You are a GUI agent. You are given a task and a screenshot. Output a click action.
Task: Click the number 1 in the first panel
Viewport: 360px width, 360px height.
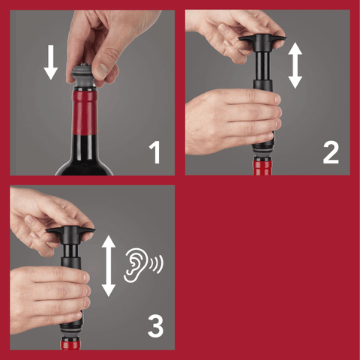[x=155, y=152]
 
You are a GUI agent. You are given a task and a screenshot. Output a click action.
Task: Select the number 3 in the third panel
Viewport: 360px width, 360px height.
[x=155, y=326]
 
